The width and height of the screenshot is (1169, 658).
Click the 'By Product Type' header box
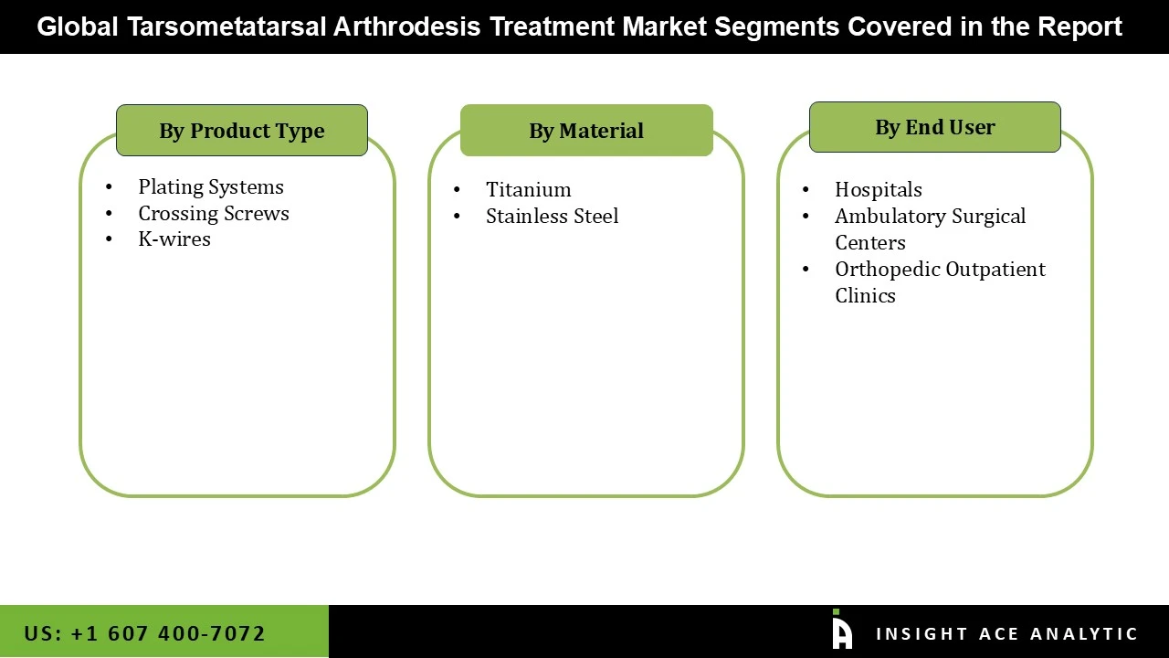point(242,131)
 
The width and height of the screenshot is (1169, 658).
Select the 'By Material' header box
point(586,131)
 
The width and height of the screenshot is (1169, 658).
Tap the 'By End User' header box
point(934,127)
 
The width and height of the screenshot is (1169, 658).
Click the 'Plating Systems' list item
point(211,187)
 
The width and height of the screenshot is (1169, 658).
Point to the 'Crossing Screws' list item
point(214,214)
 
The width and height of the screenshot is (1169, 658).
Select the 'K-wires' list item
point(174,239)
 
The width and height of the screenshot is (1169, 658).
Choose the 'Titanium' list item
point(529,190)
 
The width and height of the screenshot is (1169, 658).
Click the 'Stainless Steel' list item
point(552,217)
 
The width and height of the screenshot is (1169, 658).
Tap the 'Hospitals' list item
point(879,190)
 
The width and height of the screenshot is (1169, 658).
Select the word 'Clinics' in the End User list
point(865,296)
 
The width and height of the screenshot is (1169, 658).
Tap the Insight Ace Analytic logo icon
point(842,631)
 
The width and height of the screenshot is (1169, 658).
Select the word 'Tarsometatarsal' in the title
point(227,27)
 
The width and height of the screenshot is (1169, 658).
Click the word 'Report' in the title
point(1079,27)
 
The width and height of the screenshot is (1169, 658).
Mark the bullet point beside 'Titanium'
point(457,190)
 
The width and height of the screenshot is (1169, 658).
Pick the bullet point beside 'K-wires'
point(110,239)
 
